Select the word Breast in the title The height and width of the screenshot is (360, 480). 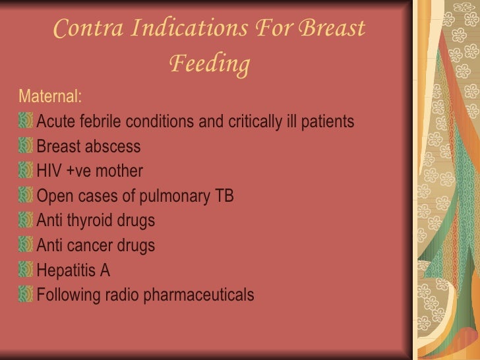331,30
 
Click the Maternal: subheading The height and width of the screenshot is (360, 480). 50,98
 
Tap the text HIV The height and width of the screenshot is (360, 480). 49,171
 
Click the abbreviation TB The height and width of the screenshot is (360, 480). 224,196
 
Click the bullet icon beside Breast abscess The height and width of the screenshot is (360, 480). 26,146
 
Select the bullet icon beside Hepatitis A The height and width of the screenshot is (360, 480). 26,270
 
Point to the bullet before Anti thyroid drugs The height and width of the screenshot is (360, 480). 26,220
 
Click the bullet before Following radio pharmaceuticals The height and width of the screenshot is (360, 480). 26,295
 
